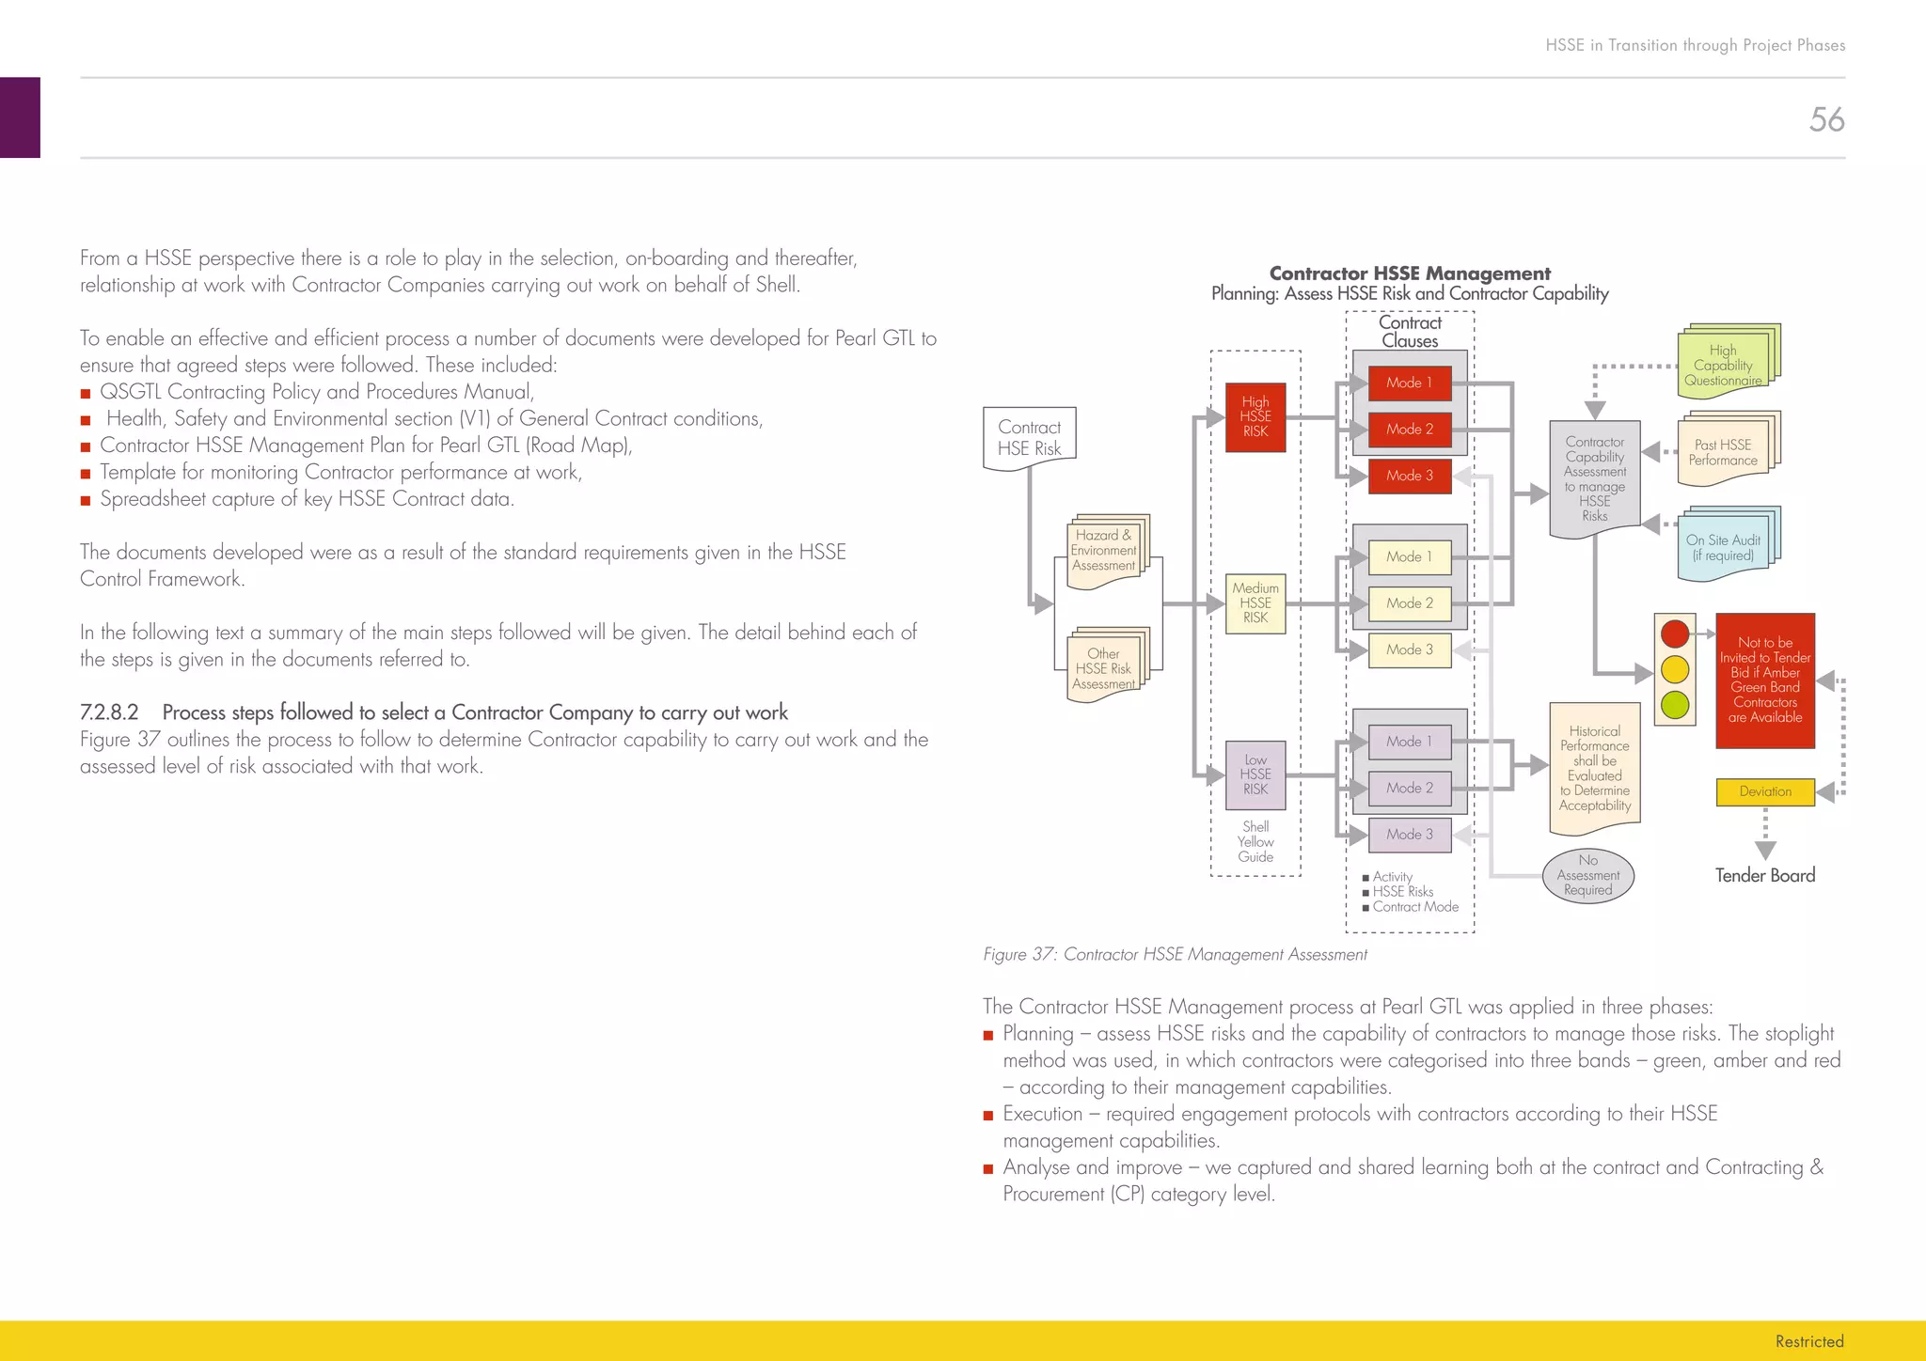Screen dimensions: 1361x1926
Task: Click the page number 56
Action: coord(1826,119)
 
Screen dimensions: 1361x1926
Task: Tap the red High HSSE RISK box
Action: coord(1255,417)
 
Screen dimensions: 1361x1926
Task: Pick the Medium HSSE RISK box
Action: coord(1255,603)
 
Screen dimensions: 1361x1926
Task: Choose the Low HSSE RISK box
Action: coord(1255,775)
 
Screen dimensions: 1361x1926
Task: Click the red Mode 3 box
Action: coord(1410,476)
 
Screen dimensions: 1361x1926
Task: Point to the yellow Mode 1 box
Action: coord(1410,556)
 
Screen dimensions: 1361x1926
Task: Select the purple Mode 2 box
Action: coord(1410,788)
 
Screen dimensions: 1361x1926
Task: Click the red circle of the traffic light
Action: coord(1675,634)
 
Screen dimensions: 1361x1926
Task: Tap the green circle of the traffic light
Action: coord(1675,704)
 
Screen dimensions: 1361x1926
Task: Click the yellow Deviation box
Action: coord(1765,791)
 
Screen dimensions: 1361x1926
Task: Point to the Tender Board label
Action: coord(1765,875)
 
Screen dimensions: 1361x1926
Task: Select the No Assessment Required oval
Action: coord(1588,875)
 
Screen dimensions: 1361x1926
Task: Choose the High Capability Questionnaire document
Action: coord(1724,365)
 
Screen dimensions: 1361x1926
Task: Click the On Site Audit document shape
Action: coord(1724,547)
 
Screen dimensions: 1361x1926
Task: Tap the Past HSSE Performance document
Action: coord(1723,452)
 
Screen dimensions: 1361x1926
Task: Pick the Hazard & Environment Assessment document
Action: coord(1104,552)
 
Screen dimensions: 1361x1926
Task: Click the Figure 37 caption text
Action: coord(1175,955)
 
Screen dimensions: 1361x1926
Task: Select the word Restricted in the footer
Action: coord(1809,1341)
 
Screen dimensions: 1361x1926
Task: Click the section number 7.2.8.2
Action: coord(109,712)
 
